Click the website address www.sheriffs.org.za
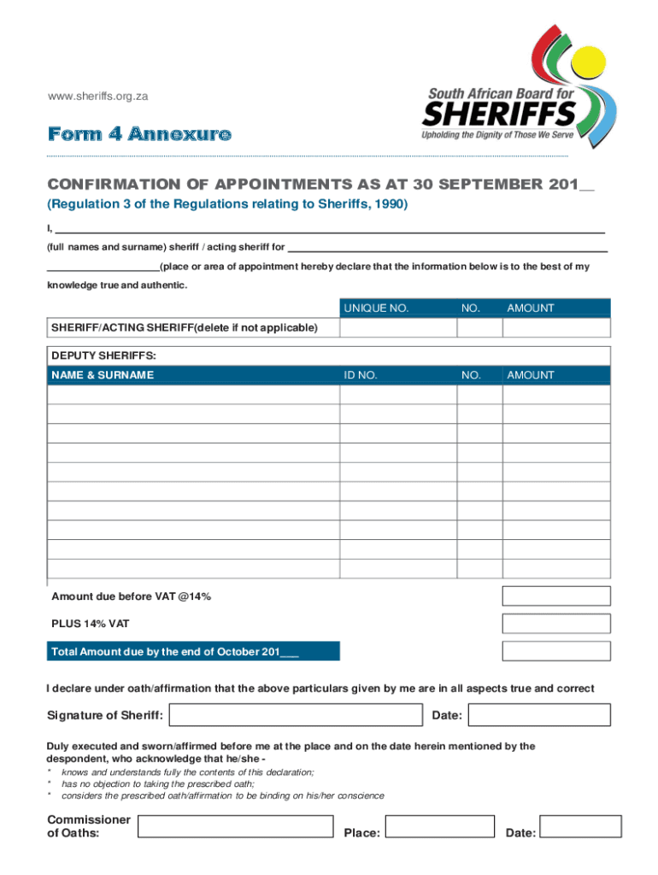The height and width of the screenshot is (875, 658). coord(97,97)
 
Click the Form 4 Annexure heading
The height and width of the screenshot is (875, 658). coord(138,134)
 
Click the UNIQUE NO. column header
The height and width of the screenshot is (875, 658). coord(376,308)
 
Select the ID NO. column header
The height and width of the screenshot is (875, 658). coord(360,375)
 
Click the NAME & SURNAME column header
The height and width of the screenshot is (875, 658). coord(103,375)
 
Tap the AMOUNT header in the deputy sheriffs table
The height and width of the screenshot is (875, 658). coord(530,375)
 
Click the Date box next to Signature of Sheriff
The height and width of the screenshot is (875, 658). coord(540,714)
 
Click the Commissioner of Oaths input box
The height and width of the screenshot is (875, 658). coord(235,826)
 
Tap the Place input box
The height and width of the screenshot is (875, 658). coord(439,826)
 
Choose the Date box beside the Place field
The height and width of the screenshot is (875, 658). coord(582,826)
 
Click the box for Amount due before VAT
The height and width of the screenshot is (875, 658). coord(556,596)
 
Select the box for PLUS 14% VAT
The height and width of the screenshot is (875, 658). coord(556,624)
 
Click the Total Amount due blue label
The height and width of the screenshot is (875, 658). coord(193,651)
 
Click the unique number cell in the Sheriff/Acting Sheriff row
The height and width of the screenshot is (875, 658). coord(398,328)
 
